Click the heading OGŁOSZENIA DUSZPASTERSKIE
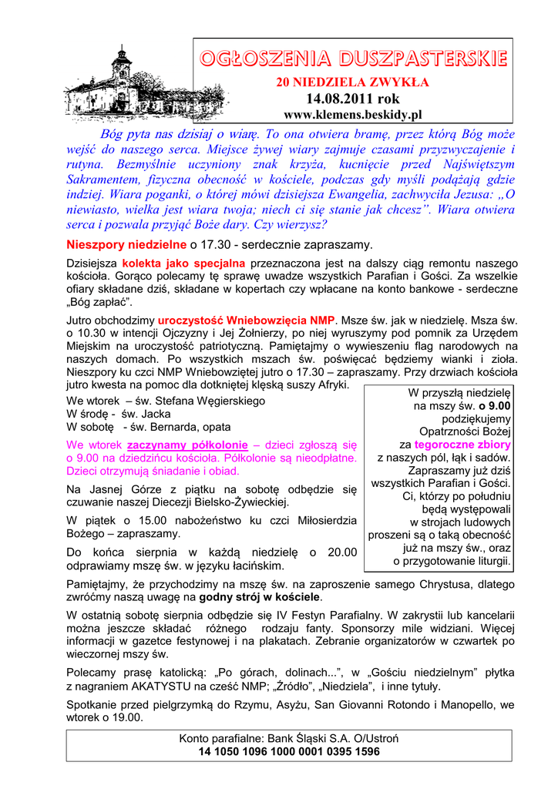(x=353, y=59)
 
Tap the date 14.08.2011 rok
(x=353, y=99)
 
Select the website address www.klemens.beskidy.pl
(x=353, y=115)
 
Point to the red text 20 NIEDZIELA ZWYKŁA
(x=353, y=82)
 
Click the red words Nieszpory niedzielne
(x=126, y=245)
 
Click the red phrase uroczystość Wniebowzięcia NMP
(x=246, y=320)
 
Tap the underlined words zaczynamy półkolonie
(x=187, y=445)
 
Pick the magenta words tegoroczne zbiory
(x=462, y=445)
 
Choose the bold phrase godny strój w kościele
(x=260, y=597)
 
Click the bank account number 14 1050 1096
(x=289, y=751)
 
